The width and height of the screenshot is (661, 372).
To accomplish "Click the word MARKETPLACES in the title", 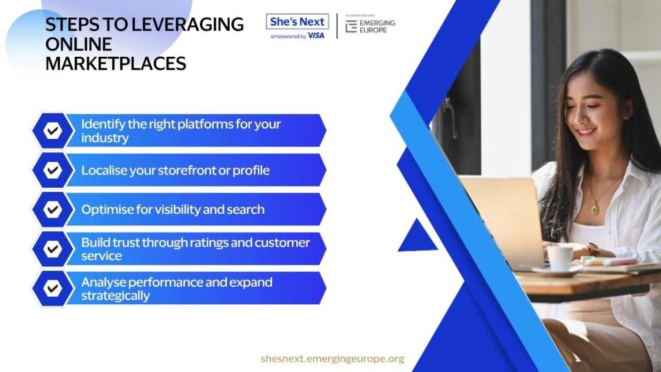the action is tap(116, 64).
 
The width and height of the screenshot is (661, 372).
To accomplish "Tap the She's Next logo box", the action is tap(297, 21).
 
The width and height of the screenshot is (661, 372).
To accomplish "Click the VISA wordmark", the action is tap(316, 36).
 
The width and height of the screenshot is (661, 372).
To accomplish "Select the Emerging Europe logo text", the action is tap(377, 26).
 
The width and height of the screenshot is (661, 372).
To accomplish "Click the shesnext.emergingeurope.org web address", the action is tap(332, 358).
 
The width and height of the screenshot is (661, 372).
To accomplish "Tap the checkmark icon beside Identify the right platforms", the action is tap(53, 130).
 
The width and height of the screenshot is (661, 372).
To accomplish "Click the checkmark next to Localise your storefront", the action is tap(53, 170).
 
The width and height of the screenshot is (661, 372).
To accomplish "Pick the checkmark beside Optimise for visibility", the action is tap(53, 209).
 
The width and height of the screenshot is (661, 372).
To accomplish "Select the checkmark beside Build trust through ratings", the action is tap(53, 249).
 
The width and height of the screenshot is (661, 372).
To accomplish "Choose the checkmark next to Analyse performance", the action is tap(53, 288).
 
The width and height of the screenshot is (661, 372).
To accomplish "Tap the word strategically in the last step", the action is tap(115, 296).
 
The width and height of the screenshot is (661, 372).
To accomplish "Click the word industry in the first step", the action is tap(105, 138).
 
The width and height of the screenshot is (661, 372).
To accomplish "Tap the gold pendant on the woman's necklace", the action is tap(595, 209).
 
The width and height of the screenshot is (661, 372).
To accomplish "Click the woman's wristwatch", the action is tap(593, 249).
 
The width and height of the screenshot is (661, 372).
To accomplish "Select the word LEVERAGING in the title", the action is tap(188, 25).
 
